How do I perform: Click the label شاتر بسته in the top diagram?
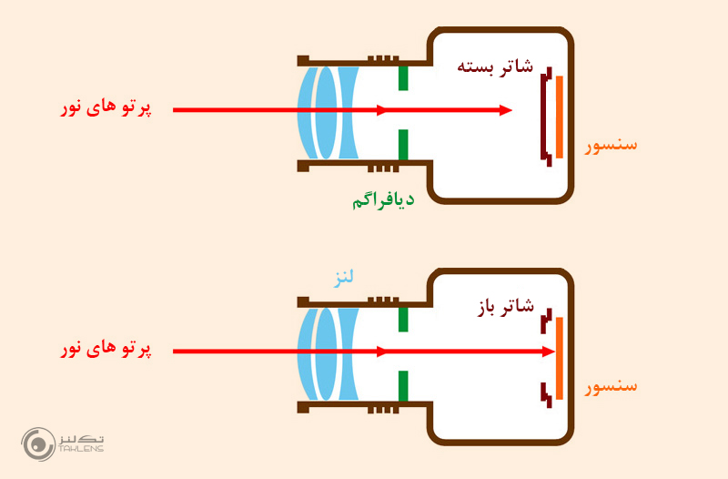pyautogui.click(x=494, y=66)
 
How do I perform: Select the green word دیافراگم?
pyautogui.click(x=382, y=200)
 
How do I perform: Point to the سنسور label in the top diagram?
pyautogui.click(x=611, y=144)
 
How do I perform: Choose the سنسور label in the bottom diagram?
pyautogui.click(x=611, y=385)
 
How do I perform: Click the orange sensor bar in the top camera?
pyautogui.click(x=560, y=117)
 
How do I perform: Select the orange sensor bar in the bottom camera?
pyautogui.click(x=559, y=358)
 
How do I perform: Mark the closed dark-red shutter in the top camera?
pyautogui.click(x=544, y=117)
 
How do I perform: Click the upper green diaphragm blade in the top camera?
pyautogui.click(x=402, y=77)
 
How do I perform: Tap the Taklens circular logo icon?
pyautogui.click(x=37, y=443)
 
